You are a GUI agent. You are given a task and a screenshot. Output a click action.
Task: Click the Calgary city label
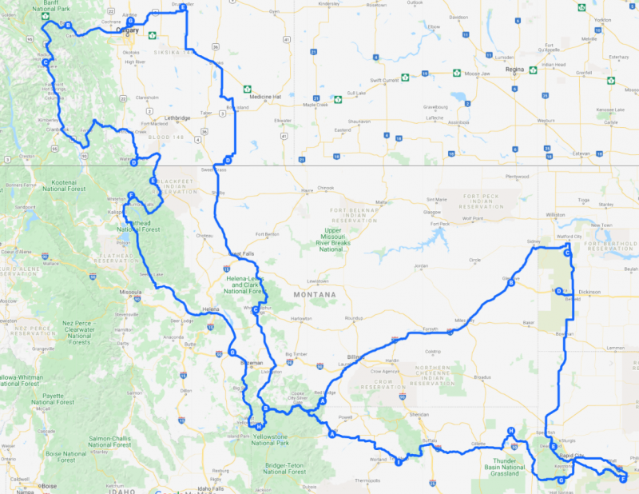(x=128, y=31)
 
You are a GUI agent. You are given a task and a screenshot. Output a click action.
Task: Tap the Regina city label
(x=514, y=70)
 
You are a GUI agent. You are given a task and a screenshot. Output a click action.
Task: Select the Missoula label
(x=129, y=293)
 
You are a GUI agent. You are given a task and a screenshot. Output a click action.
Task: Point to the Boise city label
(x=49, y=485)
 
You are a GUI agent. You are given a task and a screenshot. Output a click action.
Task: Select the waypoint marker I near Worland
(x=398, y=460)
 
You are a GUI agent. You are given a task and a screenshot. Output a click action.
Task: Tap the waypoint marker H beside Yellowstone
(x=259, y=426)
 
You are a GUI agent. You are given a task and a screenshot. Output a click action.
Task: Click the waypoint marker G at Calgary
(x=130, y=22)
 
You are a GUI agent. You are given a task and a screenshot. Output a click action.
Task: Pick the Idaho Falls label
(x=211, y=488)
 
